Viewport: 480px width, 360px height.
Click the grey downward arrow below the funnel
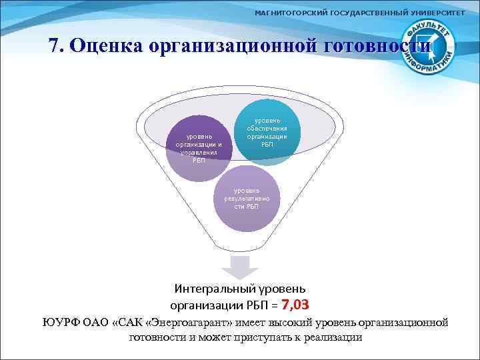239,266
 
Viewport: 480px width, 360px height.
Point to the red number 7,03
296,305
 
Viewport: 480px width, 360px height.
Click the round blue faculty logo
430,46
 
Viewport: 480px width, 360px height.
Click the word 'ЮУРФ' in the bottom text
61,323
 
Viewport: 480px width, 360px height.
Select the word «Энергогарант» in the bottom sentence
190,323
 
